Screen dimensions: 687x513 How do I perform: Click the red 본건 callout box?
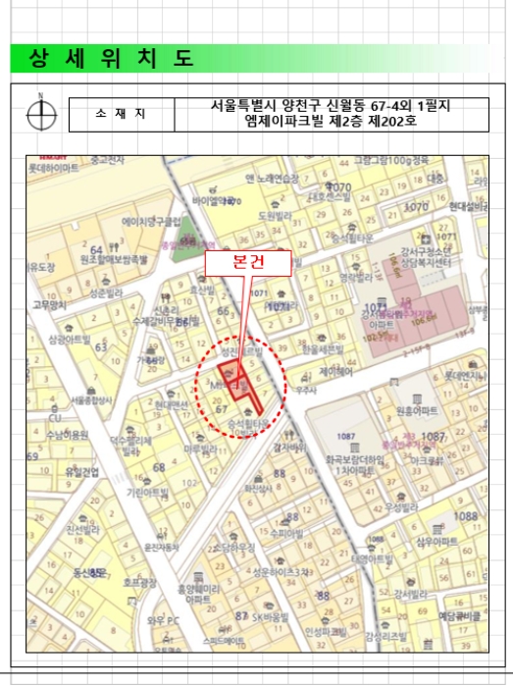click(247, 263)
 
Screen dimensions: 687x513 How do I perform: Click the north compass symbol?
click(41, 114)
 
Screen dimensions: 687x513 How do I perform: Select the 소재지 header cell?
click(121, 114)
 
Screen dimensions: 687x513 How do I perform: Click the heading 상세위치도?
click(111, 58)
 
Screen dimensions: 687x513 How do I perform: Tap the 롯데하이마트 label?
click(53, 168)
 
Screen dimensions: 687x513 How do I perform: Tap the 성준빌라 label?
click(105, 292)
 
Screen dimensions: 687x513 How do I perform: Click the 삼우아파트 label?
click(436, 541)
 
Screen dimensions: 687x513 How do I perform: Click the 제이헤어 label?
click(337, 372)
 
